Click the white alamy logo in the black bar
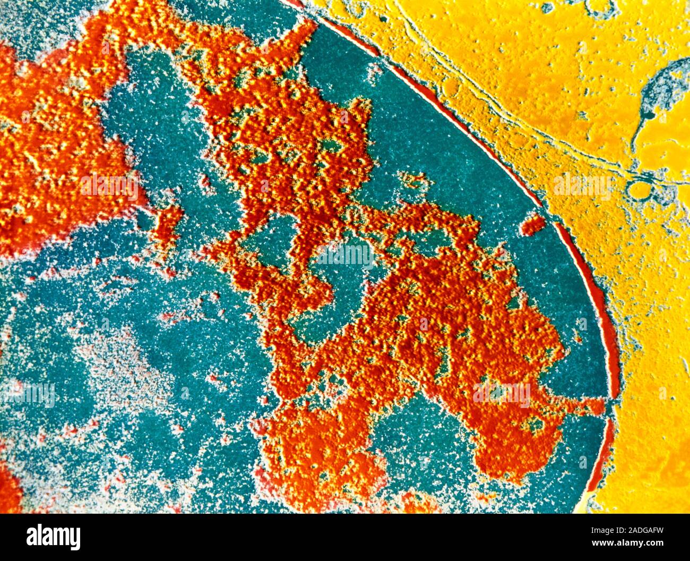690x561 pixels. [x=53, y=537]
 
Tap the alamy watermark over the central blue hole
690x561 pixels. [x=345, y=256]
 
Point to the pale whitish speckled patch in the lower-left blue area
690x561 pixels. [x=127, y=367]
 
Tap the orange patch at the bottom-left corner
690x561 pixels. [x=8, y=489]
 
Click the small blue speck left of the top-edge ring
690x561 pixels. [x=547, y=7]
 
